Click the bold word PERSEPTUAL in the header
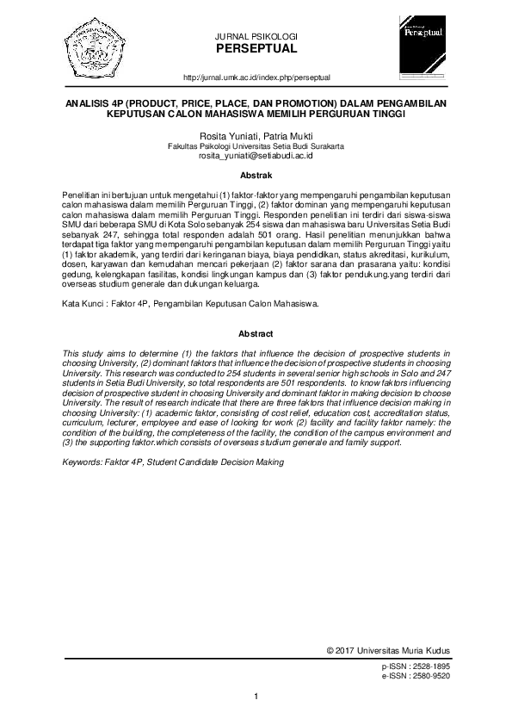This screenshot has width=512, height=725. pyautogui.click(x=256, y=48)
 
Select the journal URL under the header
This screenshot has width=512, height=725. pyautogui.click(x=257, y=77)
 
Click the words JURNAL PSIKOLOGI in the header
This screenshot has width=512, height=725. pyautogui.click(x=256, y=35)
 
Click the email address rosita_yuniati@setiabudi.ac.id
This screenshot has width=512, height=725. pyautogui.click(x=256, y=156)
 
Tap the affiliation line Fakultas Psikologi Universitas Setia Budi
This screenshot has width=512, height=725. pyautogui.click(x=256, y=146)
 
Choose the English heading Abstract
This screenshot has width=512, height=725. pyautogui.click(x=256, y=333)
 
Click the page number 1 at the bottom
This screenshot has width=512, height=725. pyautogui.click(x=256, y=697)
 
